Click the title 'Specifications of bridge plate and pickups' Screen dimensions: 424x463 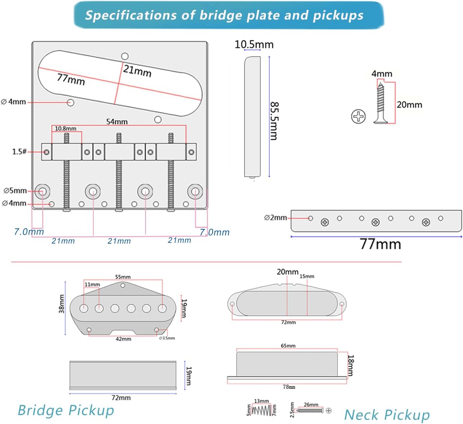tap(224, 15)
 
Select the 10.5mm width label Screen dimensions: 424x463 tap(254, 45)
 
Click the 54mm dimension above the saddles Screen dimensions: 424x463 tap(117, 122)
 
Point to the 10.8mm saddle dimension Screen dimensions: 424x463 tap(66, 128)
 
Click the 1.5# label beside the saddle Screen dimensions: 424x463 tap(19, 152)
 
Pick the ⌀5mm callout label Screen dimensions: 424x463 tap(15, 190)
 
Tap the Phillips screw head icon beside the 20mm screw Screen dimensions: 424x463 tap(358, 116)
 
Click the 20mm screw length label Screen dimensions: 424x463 tap(409, 105)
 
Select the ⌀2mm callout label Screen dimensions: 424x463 tap(275, 218)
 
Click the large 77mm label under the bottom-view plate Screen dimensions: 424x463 tap(380, 244)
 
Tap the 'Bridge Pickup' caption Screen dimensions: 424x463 tap(66, 410)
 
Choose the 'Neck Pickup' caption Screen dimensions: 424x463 tap(387, 415)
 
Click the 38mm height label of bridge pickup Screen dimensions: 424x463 tap(62, 304)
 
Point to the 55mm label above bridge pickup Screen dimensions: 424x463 tap(123, 277)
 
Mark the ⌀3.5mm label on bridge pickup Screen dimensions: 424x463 tap(167, 338)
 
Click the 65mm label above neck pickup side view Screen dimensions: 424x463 tap(288, 346)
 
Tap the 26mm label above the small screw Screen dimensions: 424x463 tap(311, 405)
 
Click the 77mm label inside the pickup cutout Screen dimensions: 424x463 tap(71, 79)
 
